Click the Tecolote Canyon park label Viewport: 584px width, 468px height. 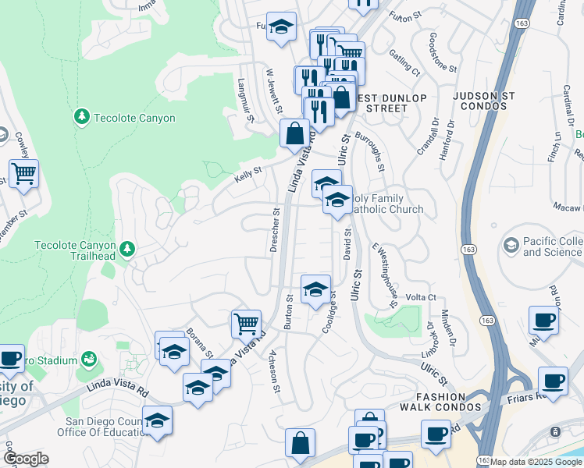[134, 118]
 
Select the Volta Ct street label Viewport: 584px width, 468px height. [420, 297]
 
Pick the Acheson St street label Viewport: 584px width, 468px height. [275, 372]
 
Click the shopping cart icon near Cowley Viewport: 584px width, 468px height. [23, 174]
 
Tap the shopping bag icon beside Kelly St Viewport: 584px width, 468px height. [294, 133]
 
